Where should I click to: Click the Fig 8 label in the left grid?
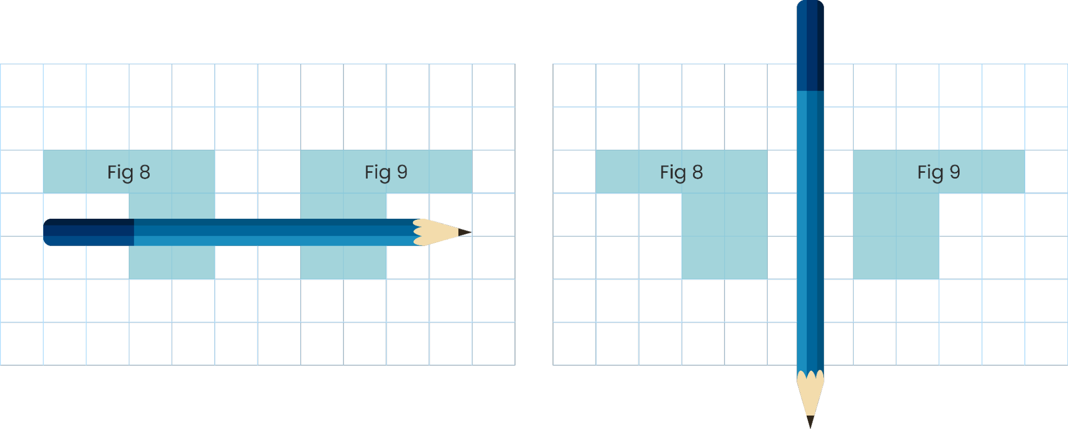(128, 172)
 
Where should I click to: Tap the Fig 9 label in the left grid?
(386, 172)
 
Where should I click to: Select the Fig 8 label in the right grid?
(681, 172)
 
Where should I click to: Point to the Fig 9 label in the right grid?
(939, 172)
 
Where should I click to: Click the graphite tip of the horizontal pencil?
(465, 232)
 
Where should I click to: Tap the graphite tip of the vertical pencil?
(810, 421)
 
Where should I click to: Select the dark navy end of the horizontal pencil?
(88, 232)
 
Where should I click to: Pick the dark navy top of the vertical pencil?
(810, 45)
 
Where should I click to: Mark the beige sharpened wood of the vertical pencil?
(810, 393)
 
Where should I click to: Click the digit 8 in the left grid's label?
(145, 172)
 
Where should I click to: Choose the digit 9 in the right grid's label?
(955, 172)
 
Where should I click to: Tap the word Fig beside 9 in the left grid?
(378, 172)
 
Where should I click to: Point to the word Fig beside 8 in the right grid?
(673, 172)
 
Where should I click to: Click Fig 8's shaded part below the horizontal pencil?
(171, 262)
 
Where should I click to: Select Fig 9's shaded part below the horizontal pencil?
(343, 262)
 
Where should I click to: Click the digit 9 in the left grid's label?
(402, 172)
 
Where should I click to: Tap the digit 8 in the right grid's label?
(698, 172)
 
